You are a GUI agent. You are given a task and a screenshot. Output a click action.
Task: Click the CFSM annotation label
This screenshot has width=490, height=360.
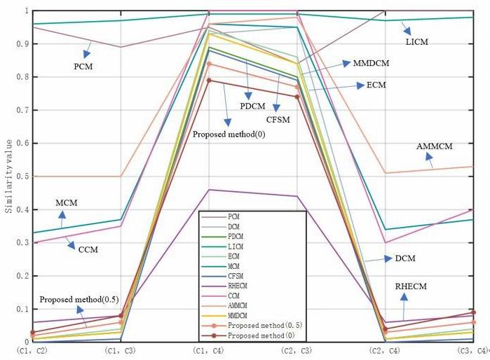(278, 119)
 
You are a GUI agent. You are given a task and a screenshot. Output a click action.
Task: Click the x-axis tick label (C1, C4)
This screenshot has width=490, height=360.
(207, 349)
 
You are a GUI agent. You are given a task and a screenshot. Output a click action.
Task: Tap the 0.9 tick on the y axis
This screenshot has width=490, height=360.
(8, 43)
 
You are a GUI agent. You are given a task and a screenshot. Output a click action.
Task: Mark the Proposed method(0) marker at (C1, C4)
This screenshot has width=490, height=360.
(208, 81)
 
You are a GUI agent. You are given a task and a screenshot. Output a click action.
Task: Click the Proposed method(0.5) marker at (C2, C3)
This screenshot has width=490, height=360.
(298, 87)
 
